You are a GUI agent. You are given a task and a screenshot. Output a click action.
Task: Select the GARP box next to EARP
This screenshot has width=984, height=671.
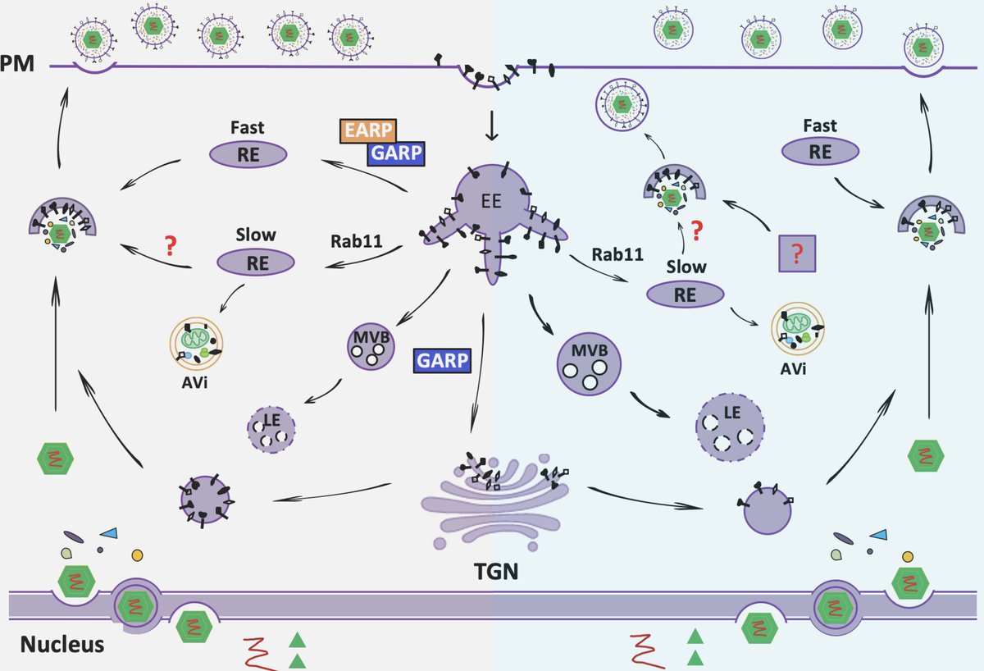coord(396,152)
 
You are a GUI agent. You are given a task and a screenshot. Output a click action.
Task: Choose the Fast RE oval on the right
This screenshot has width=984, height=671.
coord(820,151)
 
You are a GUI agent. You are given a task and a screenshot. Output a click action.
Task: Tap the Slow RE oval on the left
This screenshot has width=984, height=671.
coord(255,262)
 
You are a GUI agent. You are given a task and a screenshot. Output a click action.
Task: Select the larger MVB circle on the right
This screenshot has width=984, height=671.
coord(588,363)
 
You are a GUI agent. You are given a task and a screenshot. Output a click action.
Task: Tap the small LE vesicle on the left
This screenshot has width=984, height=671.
coord(271,429)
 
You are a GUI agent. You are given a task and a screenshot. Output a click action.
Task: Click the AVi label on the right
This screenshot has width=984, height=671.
coord(794,368)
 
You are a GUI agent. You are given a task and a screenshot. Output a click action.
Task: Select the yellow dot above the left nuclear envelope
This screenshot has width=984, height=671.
coord(137,555)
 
